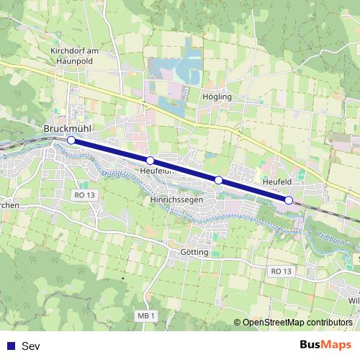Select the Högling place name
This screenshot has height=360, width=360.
217,96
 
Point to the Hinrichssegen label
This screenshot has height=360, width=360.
176,199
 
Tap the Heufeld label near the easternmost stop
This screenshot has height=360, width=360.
277,183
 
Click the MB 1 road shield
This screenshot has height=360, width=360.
145,316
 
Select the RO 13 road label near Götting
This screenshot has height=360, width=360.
281,271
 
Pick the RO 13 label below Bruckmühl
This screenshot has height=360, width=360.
84,195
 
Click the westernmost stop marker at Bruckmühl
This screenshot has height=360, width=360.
71,140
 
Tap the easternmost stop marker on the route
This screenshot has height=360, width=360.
289,200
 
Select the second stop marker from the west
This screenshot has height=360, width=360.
150,161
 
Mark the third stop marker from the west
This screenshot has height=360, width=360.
218,180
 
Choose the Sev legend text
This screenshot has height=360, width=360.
30,346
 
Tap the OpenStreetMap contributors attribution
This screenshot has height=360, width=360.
297,323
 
